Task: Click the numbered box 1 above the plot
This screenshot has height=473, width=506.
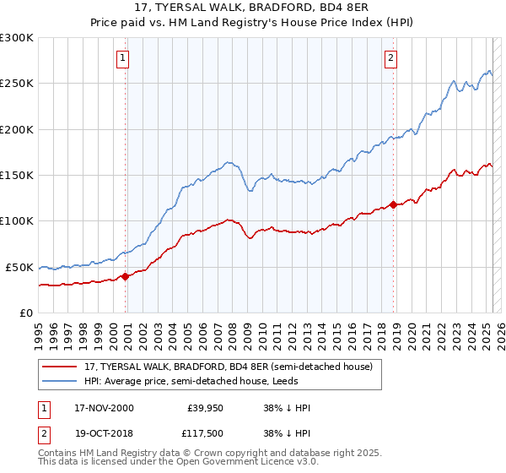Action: coord(123,58)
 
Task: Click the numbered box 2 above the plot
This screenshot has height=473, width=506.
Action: coord(391,58)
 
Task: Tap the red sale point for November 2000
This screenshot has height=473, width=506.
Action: coord(126,275)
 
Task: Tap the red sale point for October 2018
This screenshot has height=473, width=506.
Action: coord(393,204)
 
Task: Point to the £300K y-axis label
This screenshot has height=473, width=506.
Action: coord(17,38)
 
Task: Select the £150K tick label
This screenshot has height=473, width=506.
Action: coord(17,176)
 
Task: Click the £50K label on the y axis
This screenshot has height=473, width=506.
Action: coord(19,267)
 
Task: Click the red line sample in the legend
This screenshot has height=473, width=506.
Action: coord(61,366)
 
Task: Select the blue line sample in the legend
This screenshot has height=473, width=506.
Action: coord(61,381)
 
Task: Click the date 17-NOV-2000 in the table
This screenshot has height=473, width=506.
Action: coord(104,408)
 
